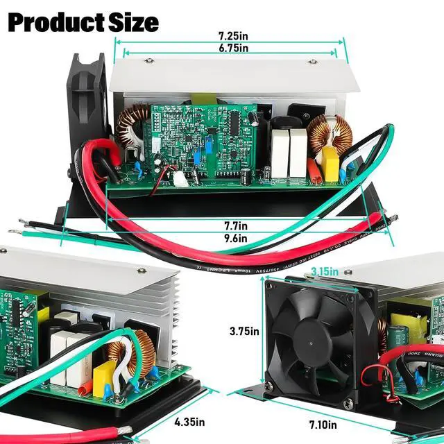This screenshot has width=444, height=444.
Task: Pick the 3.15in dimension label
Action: point(324,271)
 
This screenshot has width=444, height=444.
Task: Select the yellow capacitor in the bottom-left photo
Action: point(108,375)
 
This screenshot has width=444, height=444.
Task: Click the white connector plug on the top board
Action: point(180,179)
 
